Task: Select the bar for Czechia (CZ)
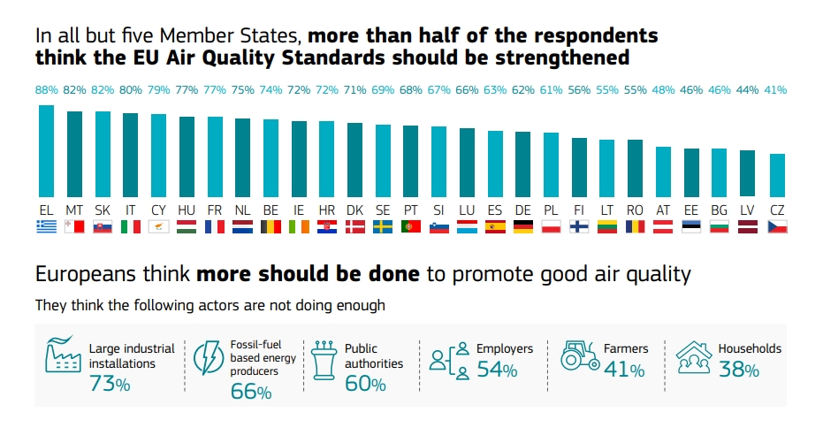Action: click(777, 175)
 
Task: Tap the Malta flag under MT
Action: click(74, 227)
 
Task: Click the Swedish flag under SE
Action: click(383, 227)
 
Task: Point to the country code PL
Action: click(551, 209)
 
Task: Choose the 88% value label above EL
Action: click(47, 89)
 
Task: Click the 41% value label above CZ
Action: click(777, 89)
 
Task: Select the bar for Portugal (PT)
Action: click(410, 161)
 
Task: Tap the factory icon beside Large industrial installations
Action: click(63, 356)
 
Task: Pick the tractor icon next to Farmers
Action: click(581, 355)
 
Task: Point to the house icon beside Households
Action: click(694, 356)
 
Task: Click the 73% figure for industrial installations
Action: click(110, 384)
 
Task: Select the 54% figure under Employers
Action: click(497, 370)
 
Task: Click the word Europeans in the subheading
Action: click(82, 274)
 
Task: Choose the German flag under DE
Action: click(522, 227)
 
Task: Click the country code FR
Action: click(215, 209)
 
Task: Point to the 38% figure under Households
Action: click(739, 370)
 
